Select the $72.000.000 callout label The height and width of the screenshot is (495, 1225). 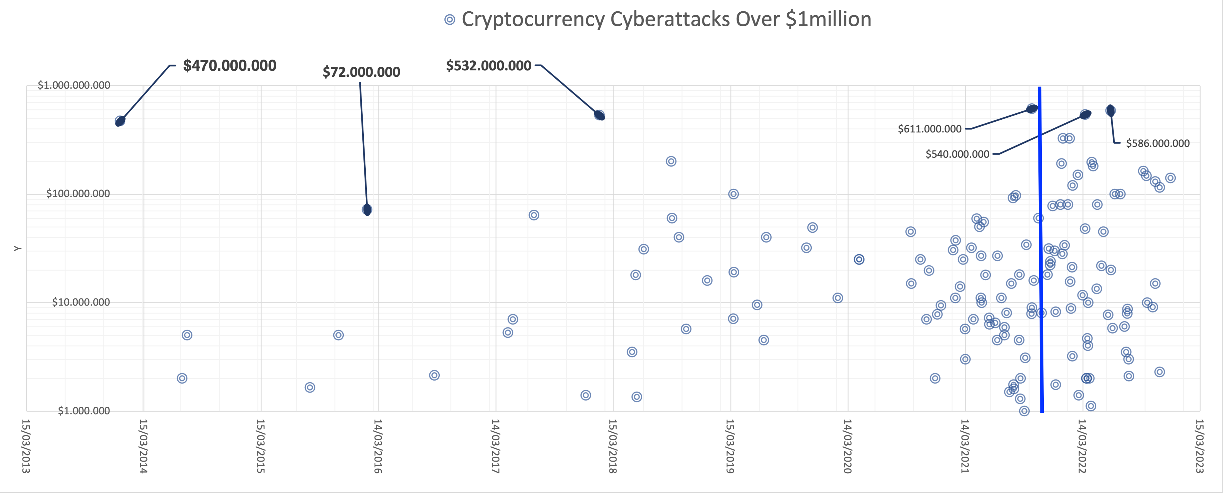[361, 72]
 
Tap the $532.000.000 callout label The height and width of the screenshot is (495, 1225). [488, 66]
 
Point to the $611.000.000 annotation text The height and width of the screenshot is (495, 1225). [929, 129]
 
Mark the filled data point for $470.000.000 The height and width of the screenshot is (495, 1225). [120, 121]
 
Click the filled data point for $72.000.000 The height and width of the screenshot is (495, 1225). [367, 209]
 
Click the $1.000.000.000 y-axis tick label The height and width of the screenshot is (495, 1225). [74, 86]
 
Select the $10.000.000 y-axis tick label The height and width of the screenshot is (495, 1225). [81, 302]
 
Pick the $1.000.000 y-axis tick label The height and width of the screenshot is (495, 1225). [84, 411]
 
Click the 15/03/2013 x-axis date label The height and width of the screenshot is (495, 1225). [26, 446]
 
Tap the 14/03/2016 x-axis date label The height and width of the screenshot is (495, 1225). [378, 446]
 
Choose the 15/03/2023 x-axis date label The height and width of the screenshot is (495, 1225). [1199, 446]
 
